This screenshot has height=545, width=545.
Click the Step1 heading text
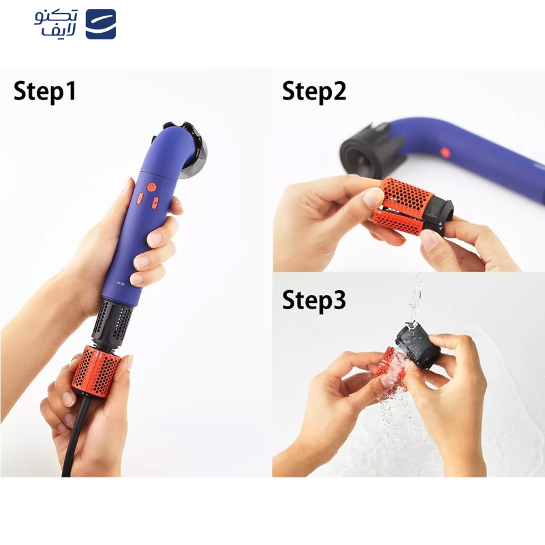[45, 92]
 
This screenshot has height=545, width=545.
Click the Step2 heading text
[314, 92]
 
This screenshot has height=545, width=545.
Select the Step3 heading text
[314, 300]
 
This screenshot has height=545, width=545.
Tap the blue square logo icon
[100, 24]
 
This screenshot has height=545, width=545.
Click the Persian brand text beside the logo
[56, 23]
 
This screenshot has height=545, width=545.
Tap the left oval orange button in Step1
[139, 199]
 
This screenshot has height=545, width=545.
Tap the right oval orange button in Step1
[155, 202]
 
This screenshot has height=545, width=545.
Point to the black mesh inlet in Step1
[112, 322]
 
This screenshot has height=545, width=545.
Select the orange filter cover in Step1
[99, 372]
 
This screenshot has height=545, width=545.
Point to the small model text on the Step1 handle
[121, 283]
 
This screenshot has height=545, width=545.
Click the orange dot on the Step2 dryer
[446, 152]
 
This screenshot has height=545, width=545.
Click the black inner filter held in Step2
[439, 215]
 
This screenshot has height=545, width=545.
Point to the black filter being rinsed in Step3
[418, 347]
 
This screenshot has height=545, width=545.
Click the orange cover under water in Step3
[394, 364]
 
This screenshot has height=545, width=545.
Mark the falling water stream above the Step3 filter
[416, 299]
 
